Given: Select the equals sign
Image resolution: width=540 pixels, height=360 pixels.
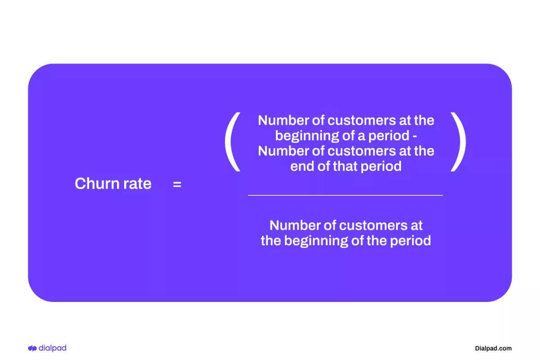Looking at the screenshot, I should pos(177,184).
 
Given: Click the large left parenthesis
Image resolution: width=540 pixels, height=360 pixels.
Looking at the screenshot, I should pos(232,142).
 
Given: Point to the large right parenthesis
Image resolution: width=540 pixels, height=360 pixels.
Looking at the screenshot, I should pos(458,142).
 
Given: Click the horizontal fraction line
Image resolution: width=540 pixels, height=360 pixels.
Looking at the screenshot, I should pos(345,195).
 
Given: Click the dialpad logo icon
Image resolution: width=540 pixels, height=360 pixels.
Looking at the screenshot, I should pos(32,348).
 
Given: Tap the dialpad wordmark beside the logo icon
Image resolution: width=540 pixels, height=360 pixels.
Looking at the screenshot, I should pos(52,348).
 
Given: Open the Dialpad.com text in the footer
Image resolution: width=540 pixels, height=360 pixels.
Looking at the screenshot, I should pos(493,348).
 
